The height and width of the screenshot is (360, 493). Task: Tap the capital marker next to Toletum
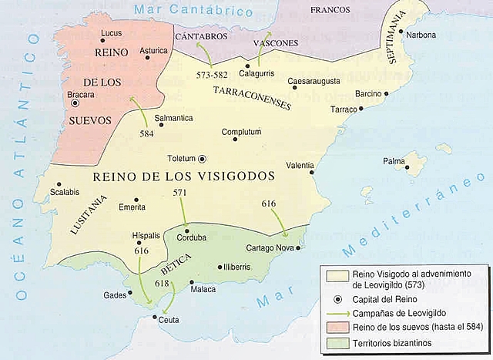[203, 159]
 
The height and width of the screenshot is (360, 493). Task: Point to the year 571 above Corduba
[179, 192]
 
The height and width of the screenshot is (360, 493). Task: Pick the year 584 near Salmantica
[147, 133]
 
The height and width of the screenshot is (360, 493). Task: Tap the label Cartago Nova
[269, 248]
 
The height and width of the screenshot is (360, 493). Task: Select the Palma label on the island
[394, 162]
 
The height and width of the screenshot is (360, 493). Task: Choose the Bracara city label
[79, 95]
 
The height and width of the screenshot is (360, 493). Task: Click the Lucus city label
[112, 34]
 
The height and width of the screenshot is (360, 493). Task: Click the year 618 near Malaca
[161, 284]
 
